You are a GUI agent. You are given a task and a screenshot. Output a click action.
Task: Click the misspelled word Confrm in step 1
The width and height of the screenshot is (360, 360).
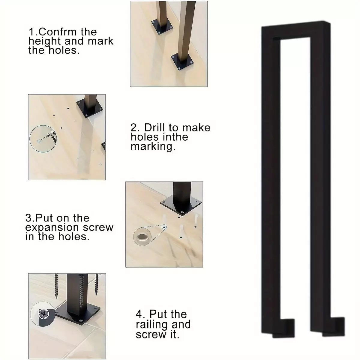[x=58, y=32]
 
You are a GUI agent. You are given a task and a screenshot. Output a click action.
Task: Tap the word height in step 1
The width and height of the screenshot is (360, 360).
[x=44, y=41]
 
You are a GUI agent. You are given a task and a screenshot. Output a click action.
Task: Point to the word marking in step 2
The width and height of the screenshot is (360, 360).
[x=153, y=146]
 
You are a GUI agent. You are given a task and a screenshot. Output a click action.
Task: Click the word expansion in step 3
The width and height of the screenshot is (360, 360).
[x=52, y=227]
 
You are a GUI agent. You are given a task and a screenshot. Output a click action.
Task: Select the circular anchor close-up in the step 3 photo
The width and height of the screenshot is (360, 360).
[x=142, y=237]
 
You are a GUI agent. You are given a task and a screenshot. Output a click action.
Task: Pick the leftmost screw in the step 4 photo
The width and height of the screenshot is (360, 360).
[x=56, y=286]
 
